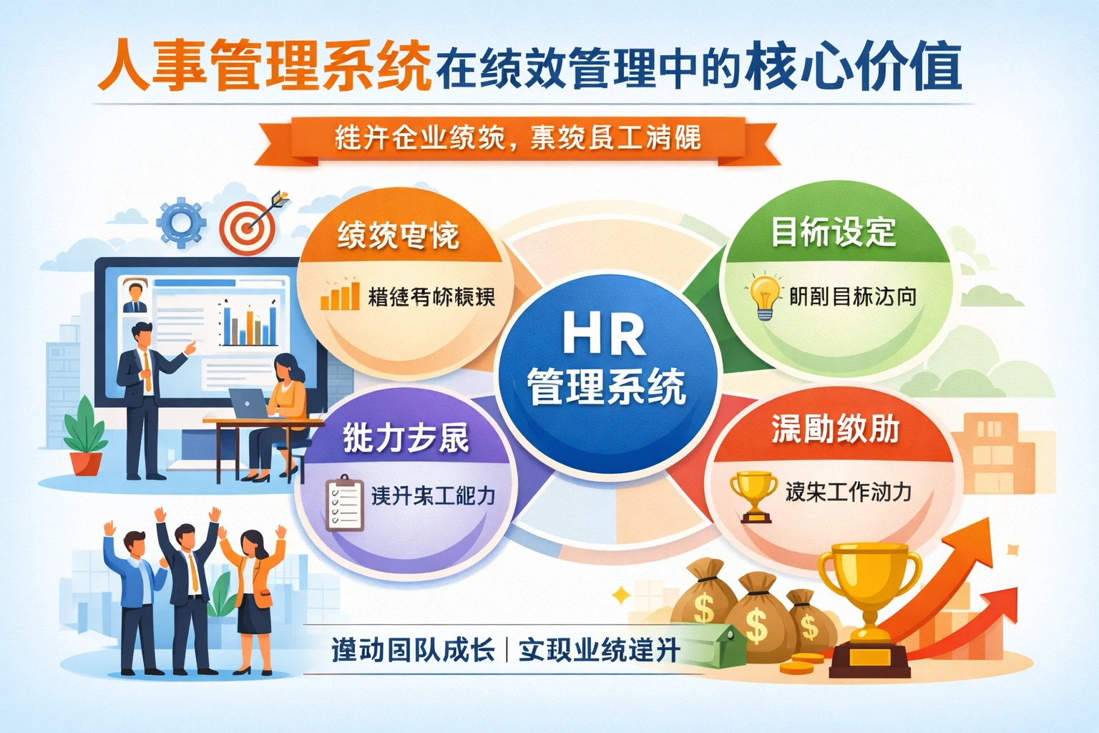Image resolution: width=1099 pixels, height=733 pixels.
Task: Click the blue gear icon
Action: pos(181,223)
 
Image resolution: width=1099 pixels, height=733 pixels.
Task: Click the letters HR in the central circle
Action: pos(604,334)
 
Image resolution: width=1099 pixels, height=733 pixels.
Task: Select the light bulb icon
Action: pos(764,296)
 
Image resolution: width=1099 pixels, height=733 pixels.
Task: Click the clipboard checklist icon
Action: pos(344,503)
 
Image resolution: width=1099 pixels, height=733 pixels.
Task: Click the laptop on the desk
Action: pos(248,404)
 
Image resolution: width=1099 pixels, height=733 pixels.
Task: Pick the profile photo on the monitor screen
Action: pos(134,296)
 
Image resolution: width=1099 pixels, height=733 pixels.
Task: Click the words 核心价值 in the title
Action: pos(852,67)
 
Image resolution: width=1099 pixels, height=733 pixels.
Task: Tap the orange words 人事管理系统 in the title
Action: pos(265,67)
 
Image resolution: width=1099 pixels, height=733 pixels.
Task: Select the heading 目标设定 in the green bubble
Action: pos(834,232)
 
